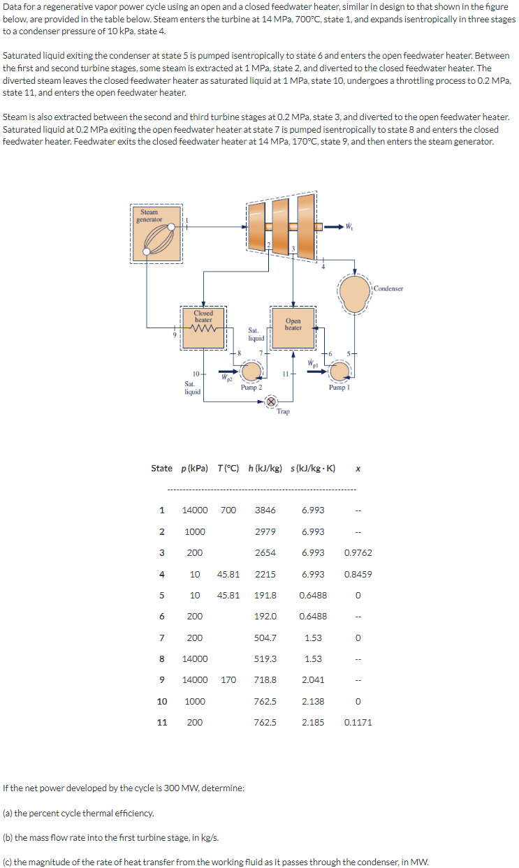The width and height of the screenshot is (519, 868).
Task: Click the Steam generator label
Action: pyautogui.click(x=149, y=216)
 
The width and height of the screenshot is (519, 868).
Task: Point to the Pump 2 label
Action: pyautogui.click(x=251, y=387)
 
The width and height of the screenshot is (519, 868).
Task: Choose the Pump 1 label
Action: pyautogui.click(x=338, y=387)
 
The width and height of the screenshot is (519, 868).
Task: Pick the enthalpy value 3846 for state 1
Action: pyautogui.click(x=265, y=510)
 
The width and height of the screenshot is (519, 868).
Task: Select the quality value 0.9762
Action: pyautogui.click(x=358, y=552)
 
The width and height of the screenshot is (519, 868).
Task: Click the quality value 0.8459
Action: pyautogui.click(x=358, y=574)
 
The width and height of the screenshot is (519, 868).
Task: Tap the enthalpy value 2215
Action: pyautogui.click(x=265, y=574)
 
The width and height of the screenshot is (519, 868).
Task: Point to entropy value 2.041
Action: pyautogui.click(x=313, y=679)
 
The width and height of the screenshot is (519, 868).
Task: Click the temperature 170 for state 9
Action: pyautogui.click(x=228, y=679)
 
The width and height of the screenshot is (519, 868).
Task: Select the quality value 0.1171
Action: pyautogui.click(x=358, y=722)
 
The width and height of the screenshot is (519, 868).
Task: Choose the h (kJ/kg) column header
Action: pyautogui.click(x=265, y=468)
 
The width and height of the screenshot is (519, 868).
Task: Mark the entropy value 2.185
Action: pyautogui.click(x=313, y=722)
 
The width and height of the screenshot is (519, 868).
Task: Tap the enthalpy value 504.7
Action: pyautogui.click(x=265, y=638)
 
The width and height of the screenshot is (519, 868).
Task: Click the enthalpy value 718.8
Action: pyautogui.click(x=265, y=679)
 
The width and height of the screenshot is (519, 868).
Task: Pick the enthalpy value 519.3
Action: pyautogui.click(x=265, y=659)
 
